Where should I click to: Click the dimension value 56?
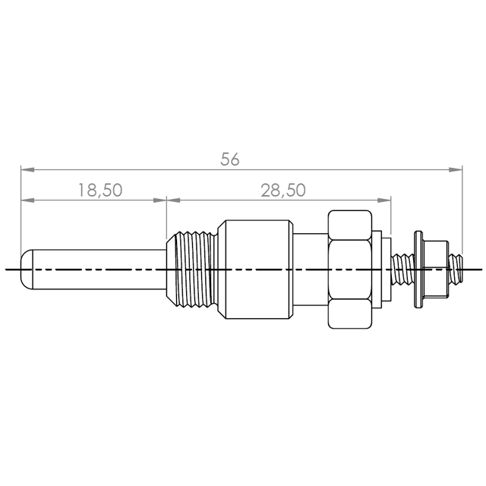coord(230,159)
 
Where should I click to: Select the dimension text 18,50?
coord(100,190)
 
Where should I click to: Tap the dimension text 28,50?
coord(283,190)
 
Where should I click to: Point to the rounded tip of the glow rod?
coord(26,270)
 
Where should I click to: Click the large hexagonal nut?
coord(350,270)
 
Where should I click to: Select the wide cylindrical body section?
coord(255,270)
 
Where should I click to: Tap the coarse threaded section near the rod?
coord(192,270)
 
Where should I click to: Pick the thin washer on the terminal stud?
coord(418,270)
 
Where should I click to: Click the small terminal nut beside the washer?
coord(436,270)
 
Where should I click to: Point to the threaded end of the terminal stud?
coord(456,270)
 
